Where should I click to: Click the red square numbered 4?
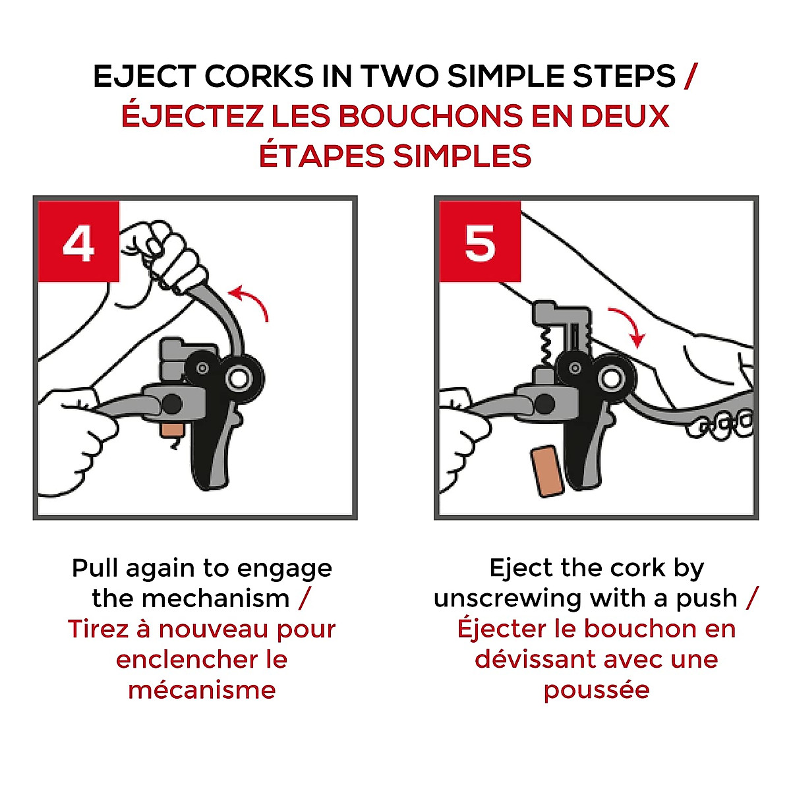click(78, 241)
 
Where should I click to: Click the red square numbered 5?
click(479, 241)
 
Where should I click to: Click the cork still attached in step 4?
click(173, 429)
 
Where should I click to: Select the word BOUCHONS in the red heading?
click(430, 116)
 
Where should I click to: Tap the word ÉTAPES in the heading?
click(322, 156)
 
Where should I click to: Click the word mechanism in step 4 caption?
click(216, 599)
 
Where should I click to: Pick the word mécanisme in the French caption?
click(202, 690)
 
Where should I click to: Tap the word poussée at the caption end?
click(597, 691)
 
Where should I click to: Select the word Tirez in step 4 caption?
click(98, 630)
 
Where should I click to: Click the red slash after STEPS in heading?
click(690, 76)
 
